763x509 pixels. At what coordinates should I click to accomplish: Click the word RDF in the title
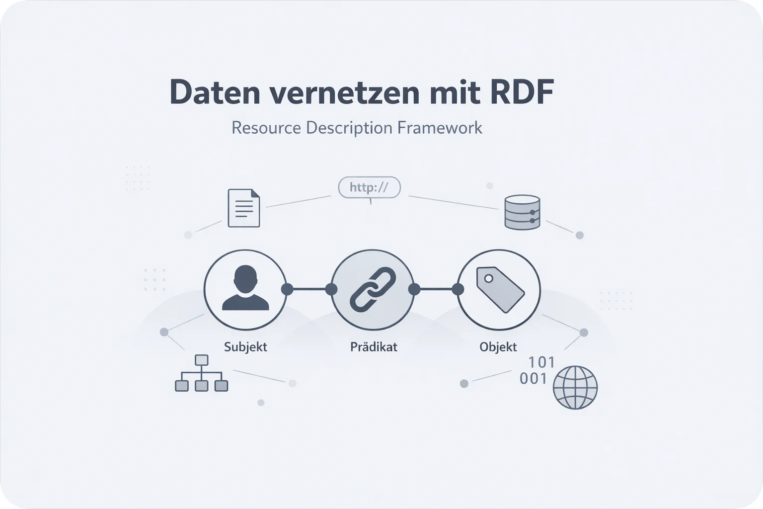click(522, 92)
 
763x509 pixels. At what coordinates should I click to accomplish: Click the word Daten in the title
click(215, 92)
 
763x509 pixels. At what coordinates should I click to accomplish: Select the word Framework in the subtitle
click(440, 128)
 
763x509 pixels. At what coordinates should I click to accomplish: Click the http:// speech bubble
click(369, 188)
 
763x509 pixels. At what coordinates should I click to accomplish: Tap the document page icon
click(243, 208)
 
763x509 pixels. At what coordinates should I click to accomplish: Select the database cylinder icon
click(522, 212)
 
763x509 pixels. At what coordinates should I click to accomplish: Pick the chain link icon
click(373, 289)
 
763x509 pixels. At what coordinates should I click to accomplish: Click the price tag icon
click(500, 289)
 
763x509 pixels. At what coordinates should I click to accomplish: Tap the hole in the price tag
click(488, 278)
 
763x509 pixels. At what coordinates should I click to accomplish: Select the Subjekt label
click(245, 347)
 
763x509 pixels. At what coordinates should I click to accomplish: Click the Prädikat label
click(374, 347)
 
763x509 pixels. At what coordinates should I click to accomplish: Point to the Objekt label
click(498, 347)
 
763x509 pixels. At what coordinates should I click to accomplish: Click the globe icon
click(575, 387)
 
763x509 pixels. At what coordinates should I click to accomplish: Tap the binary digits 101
click(541, 362)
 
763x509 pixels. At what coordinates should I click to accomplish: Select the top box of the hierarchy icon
click(201, 360)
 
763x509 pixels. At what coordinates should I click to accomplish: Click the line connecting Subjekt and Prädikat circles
click(309, 289)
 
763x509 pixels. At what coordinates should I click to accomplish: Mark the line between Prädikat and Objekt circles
click(436, 289)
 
